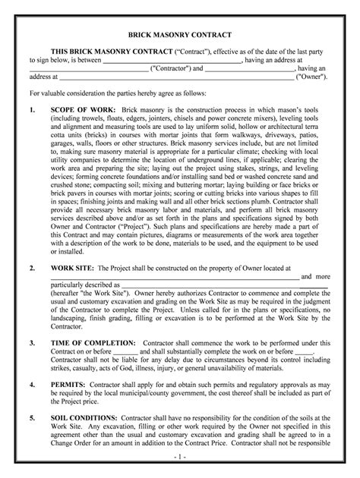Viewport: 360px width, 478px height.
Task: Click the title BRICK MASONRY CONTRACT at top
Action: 180,36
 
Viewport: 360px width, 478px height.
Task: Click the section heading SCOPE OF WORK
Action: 82,109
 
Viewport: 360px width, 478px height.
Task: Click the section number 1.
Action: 31,109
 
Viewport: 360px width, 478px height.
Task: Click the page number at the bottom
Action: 179,459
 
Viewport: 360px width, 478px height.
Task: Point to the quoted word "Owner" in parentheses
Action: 310,77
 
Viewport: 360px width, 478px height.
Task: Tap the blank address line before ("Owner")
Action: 175,77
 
